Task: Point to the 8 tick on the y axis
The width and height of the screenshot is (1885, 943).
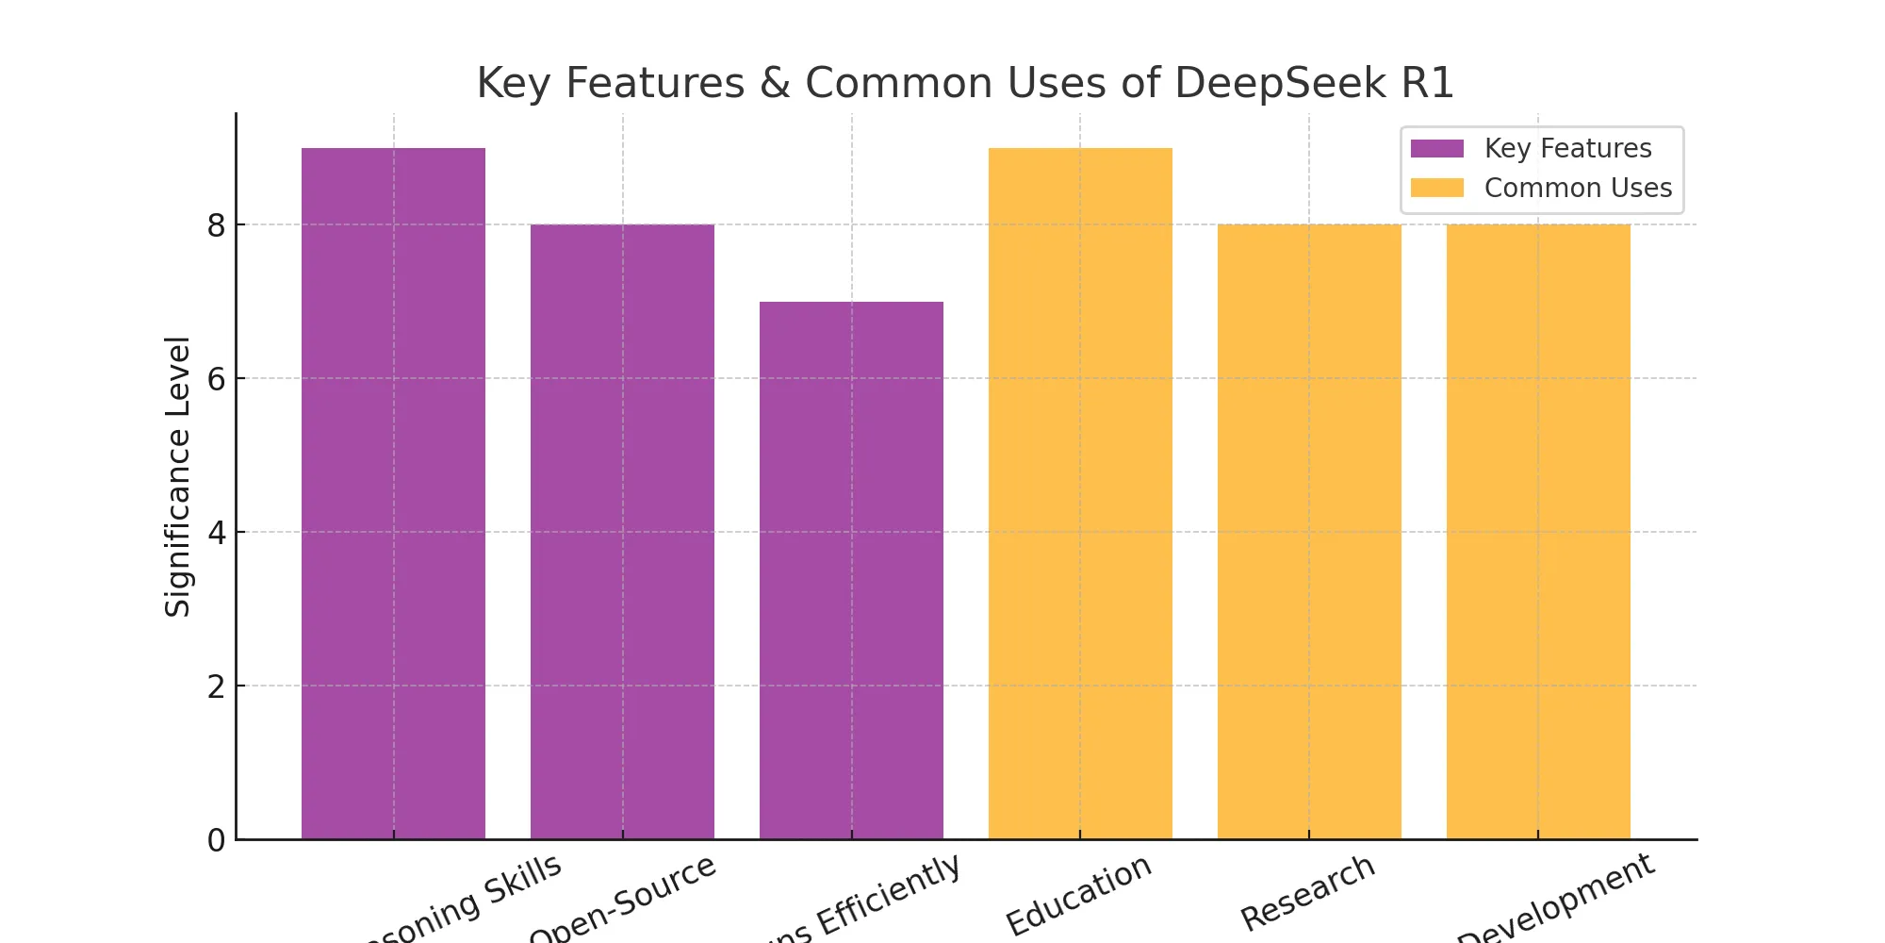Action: click(217, 225)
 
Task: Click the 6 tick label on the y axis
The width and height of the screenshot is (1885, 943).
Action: click(217, 379)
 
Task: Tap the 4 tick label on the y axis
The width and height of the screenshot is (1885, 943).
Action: click(217, 533)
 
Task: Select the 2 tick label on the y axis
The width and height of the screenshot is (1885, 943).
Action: click(217, 687)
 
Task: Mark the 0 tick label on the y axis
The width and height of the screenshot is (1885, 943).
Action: click(217, 840)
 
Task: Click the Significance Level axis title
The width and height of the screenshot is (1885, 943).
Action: click(178, 476)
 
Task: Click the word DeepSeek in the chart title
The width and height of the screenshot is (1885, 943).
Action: click(1281, 83)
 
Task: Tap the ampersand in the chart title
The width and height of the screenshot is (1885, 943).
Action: click(775, 83)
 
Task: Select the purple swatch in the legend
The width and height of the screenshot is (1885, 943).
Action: click(1436, 149)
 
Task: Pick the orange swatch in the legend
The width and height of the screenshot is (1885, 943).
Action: click(1436, 188)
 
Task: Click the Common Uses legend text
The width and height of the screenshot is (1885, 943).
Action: click(1578, 188)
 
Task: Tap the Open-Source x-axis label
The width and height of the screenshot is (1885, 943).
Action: click(624, 898)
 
